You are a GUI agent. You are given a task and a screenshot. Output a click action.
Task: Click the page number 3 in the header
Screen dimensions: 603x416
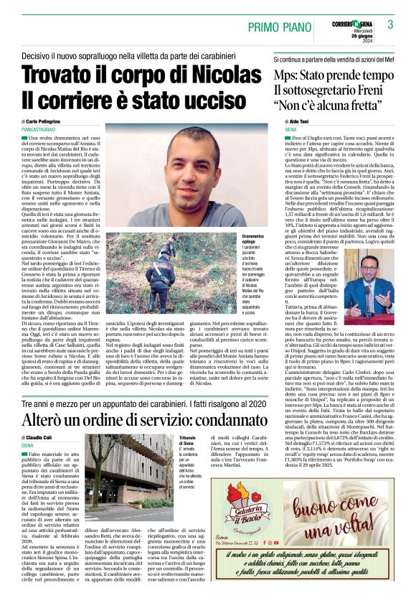click(x=390, y=24)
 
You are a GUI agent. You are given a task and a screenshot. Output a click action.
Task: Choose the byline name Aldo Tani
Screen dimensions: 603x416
click(x=298, y=121)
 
